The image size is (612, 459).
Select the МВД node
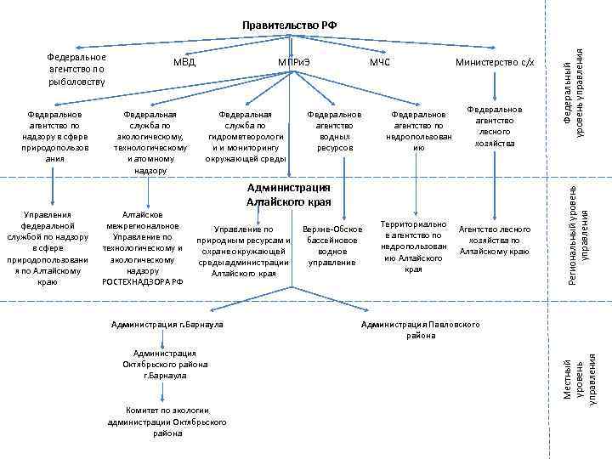tap(184, 62)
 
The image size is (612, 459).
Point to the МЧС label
tap(379, 62)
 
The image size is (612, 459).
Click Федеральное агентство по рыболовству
tap(76, 69)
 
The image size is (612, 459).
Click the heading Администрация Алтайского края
tap(287, 195)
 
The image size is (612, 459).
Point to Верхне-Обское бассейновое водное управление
tap(331, 246)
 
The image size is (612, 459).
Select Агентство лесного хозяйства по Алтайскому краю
tap(494, 241)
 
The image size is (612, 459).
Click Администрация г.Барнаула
tap(166, 325)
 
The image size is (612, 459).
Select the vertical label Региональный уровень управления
tap(578, 235)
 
